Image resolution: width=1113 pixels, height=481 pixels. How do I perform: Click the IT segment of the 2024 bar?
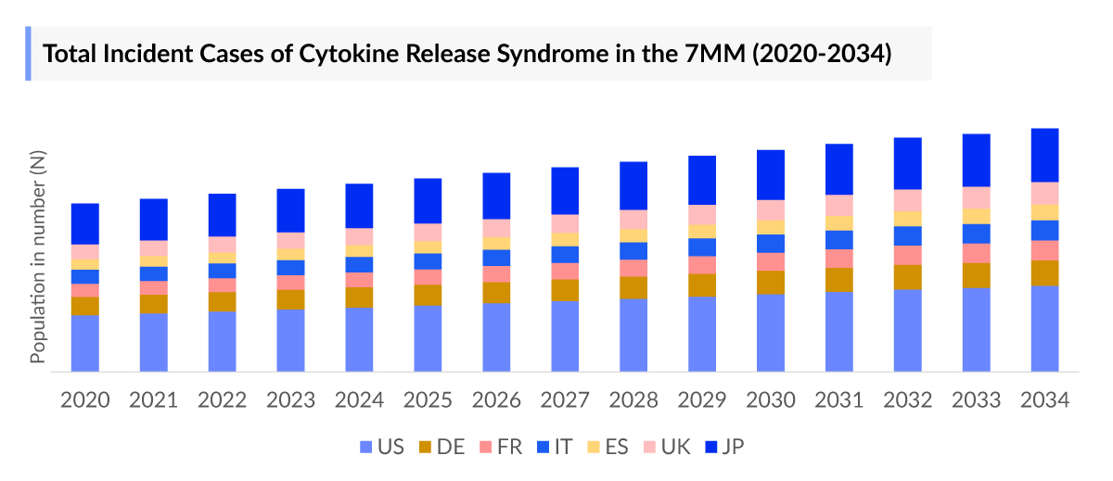pyautogui.click(x=359, y=264)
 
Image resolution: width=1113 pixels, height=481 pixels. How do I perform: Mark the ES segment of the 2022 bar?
pyautogui.click(x=222, y=258)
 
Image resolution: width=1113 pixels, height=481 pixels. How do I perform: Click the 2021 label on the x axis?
pyautogui.click(x=154, y=400)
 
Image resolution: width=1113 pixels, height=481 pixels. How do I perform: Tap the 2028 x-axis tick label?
pyautogui.click(x=633, y=400)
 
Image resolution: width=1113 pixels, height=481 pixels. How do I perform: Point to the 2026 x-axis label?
pyautogui.click(x=496, y=400)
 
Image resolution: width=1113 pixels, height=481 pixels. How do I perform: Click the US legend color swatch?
pyautogui.click(x=365, y=448)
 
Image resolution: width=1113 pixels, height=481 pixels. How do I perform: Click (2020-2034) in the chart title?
pyautogui.click(x=820, y=54)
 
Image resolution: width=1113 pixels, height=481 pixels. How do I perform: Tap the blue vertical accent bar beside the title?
pyautogui.click(x=29, y=54)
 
